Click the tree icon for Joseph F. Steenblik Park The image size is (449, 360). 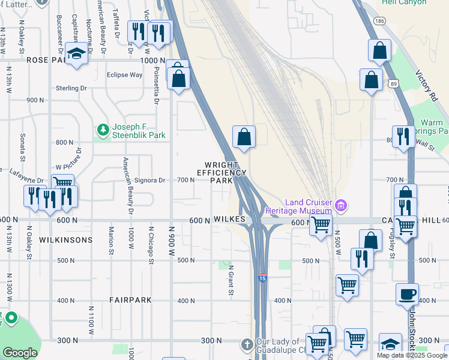(x=103, y=130)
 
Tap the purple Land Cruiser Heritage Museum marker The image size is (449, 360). (x=341, y=206)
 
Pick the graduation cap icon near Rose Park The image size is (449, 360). (x=76, y=54)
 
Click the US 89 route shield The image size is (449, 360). (x=391, y=84)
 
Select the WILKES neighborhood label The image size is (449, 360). (x=228, y=220)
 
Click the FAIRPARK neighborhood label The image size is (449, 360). (x=130, y=299)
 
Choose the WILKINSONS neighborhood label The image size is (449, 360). (x=66, y=239)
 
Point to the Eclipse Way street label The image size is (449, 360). (x=124, y=75)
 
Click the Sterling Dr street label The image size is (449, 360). (x=71, y=88)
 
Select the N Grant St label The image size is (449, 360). (x=231, y=280)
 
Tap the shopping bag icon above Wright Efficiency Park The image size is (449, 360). (x=244, y=137)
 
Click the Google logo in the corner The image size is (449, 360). (x=20, y=353)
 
